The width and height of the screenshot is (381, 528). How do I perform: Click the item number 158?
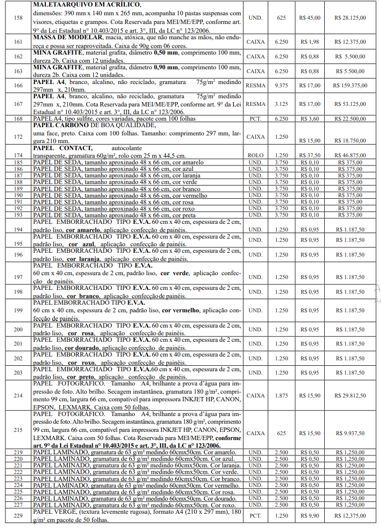18,18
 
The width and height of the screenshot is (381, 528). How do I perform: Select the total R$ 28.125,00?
352,18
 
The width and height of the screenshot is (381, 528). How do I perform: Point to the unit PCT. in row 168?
255,118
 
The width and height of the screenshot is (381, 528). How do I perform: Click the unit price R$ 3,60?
309,118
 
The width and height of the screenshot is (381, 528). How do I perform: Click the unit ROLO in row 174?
255,156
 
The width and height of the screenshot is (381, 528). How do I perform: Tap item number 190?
18,195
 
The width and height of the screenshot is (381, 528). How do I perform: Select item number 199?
18,310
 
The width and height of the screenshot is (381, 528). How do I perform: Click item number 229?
18,515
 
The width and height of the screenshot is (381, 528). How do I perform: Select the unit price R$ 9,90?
309,515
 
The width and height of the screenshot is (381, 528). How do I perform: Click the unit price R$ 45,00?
309,18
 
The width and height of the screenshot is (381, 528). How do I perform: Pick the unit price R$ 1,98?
309,41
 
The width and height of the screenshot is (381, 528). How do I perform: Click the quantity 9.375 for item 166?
282,85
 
